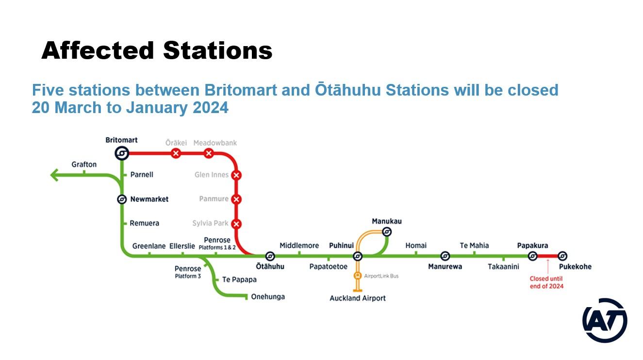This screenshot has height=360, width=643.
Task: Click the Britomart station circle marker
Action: (122, 153)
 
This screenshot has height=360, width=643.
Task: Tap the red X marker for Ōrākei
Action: (176, 153)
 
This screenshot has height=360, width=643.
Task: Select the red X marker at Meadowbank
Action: (209, 153)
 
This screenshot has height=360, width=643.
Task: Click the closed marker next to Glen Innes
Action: (236, 175)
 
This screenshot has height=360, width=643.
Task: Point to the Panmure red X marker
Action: (236, 199)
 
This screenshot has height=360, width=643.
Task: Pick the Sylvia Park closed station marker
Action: (236, 224)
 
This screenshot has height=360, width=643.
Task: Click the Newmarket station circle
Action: (122, 199)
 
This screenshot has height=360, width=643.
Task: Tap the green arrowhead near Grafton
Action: (54, 175)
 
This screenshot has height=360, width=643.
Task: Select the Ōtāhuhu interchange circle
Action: (270, 256)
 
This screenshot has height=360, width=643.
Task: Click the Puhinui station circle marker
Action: (357, 256)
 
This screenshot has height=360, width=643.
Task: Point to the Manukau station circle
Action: (387, 231)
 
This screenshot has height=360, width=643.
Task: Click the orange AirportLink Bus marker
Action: (357, 276)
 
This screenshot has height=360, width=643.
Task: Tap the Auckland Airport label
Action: (357, 298)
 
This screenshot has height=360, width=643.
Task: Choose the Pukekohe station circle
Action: (562, 256)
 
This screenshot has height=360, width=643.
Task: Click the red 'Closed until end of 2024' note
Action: (546, 282)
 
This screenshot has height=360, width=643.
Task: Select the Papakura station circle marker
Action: (532, 256)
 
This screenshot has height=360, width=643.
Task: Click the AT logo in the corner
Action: (605, 320)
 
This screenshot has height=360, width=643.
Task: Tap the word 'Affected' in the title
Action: (98, 50)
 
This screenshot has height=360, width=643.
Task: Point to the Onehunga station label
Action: (268, 297)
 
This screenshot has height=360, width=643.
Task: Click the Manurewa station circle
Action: (445, 256)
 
